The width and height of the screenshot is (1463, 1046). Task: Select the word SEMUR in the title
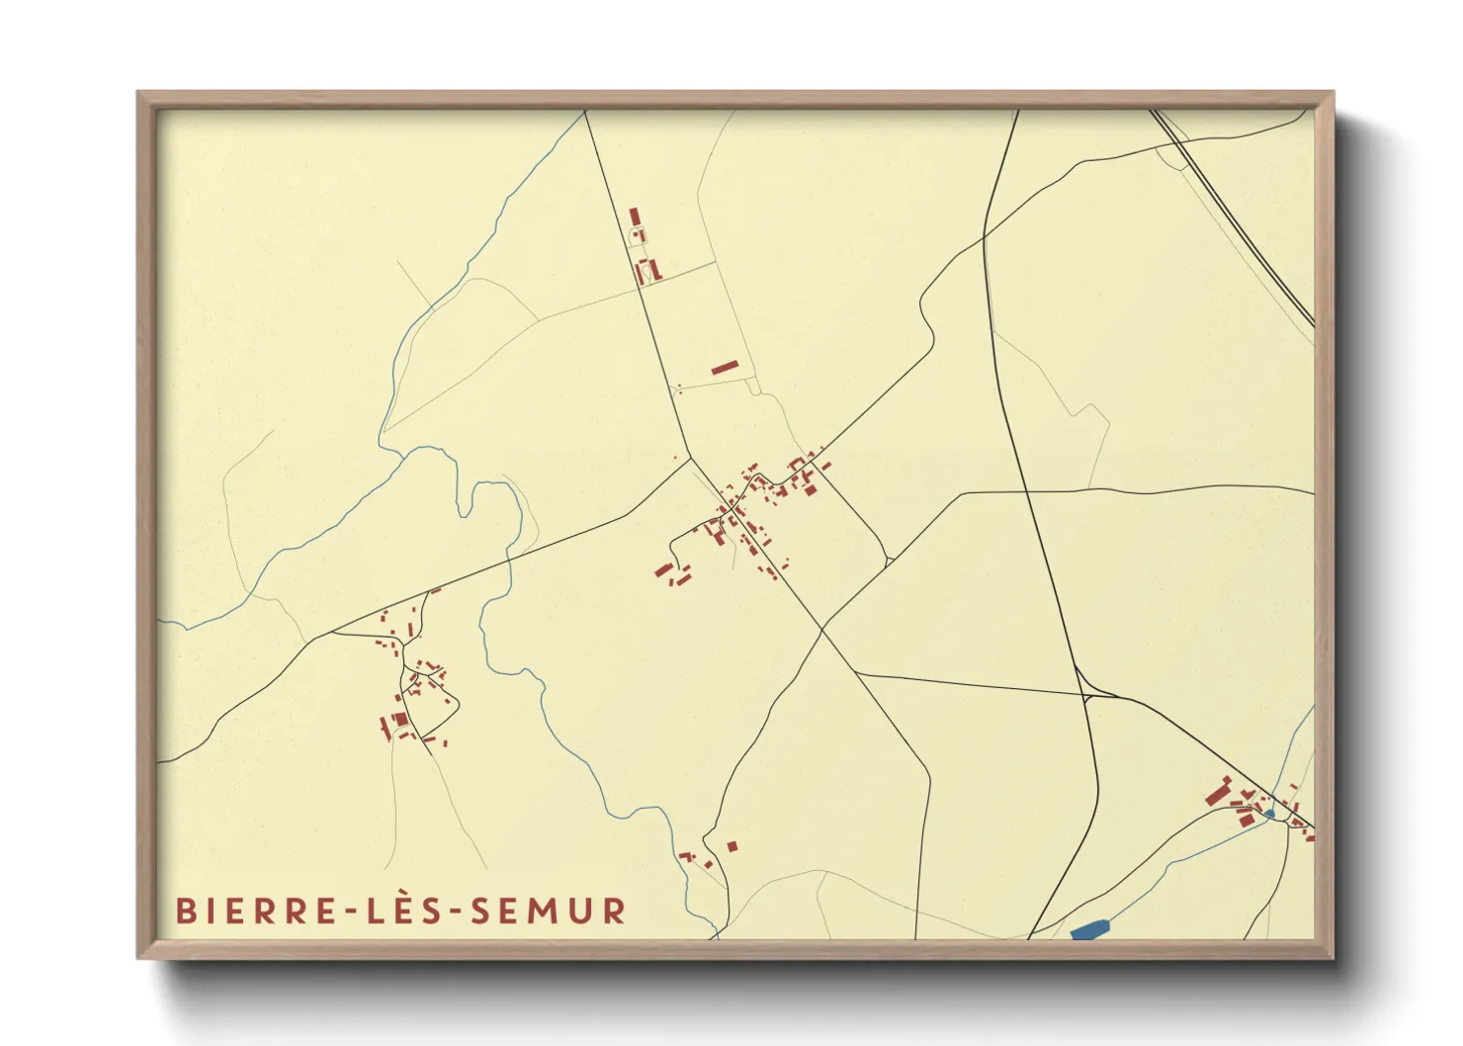point(548,911)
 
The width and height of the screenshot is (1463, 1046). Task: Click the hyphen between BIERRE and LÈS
point(353,912)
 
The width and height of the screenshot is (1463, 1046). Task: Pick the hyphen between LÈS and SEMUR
point(455,912)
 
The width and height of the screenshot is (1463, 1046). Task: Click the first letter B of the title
point(184,911)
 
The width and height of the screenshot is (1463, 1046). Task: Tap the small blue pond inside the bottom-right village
point(1269,814)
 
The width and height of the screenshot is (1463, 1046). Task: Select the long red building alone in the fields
point(724,368)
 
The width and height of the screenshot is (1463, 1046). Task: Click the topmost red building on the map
point(635,217)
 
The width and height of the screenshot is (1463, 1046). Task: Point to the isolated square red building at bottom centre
point(732,846)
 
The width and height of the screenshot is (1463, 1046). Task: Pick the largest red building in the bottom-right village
point(1217,793)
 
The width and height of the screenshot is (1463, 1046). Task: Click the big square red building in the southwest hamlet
point(400,719)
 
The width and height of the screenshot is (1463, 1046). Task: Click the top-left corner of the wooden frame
point(139,94)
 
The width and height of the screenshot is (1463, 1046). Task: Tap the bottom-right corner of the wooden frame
point(1332,957)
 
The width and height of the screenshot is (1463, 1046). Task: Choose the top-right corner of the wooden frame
point(1332,94)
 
